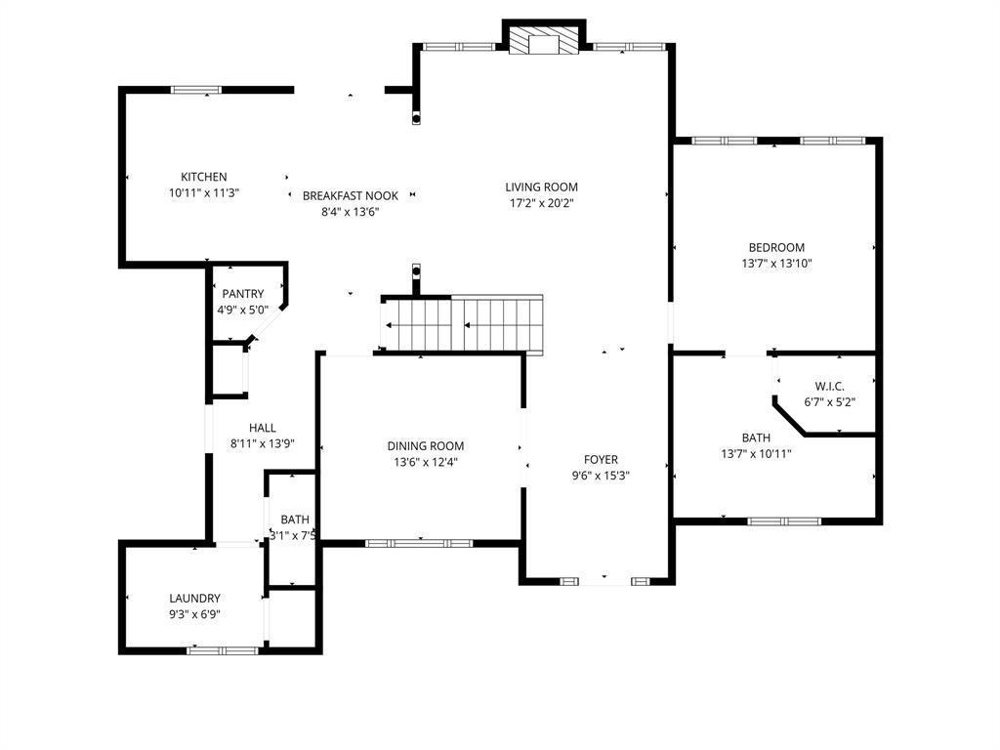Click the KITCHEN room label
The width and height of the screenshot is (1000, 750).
(x=203, y=177)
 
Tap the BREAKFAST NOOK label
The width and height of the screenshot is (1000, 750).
(x=351, y=195)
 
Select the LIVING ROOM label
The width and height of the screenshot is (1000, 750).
(x=541, y=187)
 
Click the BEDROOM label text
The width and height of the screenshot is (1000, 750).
(x=776, y=247)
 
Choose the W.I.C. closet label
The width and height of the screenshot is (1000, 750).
(x=829, y=387)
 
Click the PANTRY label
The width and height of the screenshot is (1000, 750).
(x=242, y=294)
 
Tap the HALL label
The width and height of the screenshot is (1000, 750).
(x=262, y=428)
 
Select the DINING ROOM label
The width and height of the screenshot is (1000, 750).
(x=426, y=445)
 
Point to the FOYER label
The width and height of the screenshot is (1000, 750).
(x=601, y=459)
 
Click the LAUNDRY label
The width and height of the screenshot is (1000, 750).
(x=194, y=599)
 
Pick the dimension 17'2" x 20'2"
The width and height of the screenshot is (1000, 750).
(x=541, y=203)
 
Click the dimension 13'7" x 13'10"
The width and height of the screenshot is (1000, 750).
(x=776, y=264)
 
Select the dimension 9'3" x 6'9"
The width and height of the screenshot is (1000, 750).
(x=194, y=615)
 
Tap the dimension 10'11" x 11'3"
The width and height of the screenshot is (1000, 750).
(x=203, y=192)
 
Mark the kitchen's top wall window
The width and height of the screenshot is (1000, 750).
(x=196, y=90)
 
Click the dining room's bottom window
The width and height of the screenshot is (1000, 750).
(x=419, y=543)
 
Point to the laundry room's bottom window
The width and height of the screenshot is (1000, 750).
(x=223, y=650)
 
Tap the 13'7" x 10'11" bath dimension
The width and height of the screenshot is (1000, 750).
(x=756, y=454)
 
